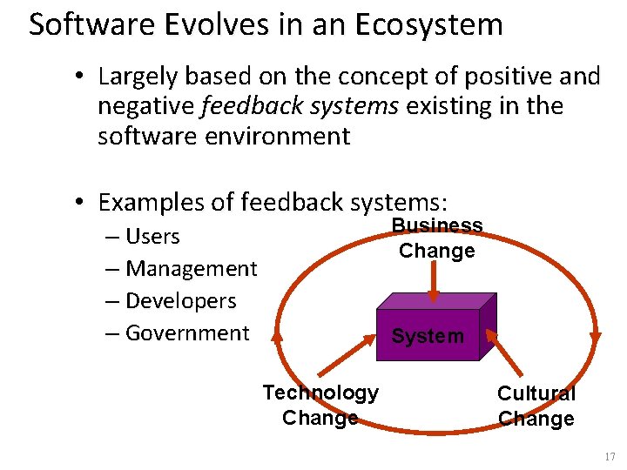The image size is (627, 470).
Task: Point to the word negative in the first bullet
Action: click(145, 106)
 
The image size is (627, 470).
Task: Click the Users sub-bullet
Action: click(152, 236)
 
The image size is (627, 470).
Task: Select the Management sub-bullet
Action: click(191, 269)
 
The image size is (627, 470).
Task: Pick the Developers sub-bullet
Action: click(180, 301)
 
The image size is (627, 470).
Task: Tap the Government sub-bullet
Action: click(187, 332)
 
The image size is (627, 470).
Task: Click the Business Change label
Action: click(436, 238)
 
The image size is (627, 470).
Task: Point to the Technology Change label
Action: click(320, 405)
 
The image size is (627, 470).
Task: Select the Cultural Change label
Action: click(536, 406)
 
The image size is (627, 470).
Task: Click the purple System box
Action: click(428, 335)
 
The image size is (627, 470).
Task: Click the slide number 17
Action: click(609, 457)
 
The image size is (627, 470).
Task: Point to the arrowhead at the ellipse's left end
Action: click(276, 334)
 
